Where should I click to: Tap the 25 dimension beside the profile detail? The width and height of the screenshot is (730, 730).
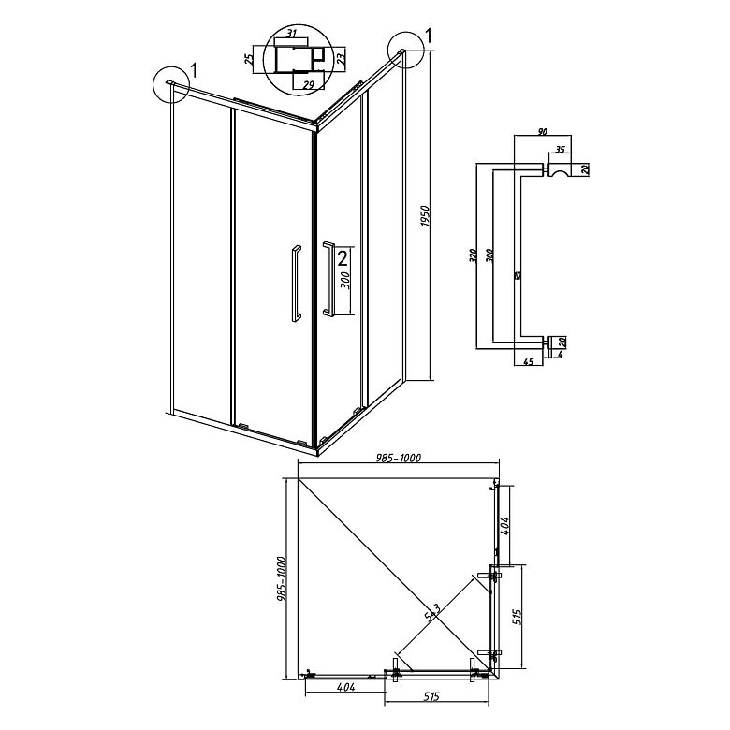[x=249, y=60]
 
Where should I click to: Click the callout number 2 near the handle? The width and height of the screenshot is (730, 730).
[x=343, y=256]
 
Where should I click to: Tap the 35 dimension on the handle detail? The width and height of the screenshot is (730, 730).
[x=560, y=149]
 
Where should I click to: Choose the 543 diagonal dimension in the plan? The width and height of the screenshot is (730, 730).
[x=433, y=613]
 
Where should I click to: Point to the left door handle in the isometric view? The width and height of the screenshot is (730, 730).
[x=295, y=283]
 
